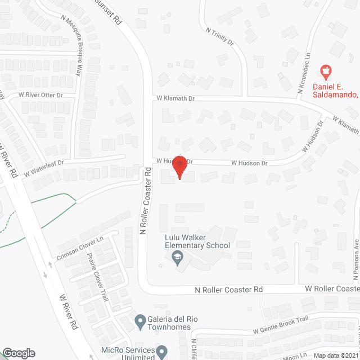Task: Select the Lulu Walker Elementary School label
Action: (x=197, y=242)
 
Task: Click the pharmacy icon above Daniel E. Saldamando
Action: (x=325, y=71)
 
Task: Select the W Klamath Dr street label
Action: (x=175, y=98)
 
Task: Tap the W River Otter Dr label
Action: (x=40, y=95)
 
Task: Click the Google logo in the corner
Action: (x=18, y=353)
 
